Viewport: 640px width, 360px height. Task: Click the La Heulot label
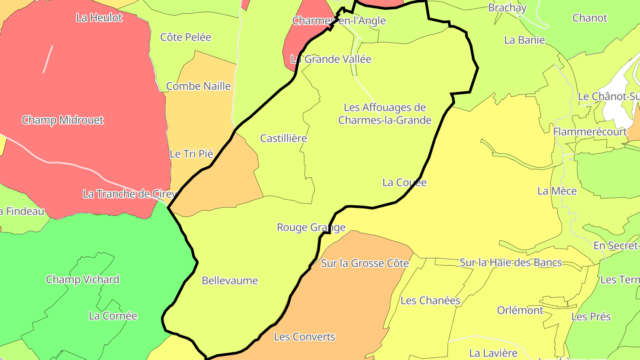point(99,18)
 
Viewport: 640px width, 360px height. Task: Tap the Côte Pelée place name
point(186,37)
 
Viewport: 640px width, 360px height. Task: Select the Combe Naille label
point(198,86)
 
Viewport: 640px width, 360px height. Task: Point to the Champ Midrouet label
point(63,120)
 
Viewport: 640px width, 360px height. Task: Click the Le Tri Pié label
point(192,154)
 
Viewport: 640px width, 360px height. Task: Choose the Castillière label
point(284,138)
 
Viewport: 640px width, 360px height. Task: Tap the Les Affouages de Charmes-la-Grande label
point(385,114)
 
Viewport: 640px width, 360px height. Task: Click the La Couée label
point(404,182)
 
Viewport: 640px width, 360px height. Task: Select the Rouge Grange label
point(311,228)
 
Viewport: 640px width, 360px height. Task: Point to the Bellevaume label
point(230,280)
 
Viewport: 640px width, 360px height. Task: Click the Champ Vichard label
point(83,280)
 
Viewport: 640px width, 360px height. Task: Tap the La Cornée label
point(113,316)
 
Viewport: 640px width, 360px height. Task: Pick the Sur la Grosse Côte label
point(365,263)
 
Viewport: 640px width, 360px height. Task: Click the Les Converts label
point(304,336)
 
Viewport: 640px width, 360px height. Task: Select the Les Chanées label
point(430,300)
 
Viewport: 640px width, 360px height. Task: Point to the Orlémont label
point(520,310)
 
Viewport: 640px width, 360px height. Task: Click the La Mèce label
point(557,191)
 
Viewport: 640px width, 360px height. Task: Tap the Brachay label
point(507,8)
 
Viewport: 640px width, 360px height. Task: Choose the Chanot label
point(590,18)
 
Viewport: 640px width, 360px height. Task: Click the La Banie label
point(524,40)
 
